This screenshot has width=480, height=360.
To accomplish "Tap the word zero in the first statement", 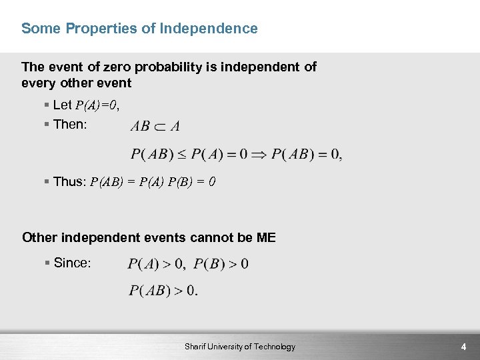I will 117,67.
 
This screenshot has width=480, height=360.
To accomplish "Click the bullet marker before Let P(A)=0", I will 47,105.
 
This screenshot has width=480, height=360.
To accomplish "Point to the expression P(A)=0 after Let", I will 97,105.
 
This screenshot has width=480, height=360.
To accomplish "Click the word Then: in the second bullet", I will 70,125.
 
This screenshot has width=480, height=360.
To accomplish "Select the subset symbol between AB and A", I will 161,126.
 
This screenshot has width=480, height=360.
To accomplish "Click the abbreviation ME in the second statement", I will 266,238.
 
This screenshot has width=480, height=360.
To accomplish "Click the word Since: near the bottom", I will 71,263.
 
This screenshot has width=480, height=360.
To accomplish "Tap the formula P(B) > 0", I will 221,264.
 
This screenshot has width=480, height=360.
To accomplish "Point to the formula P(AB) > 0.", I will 163,291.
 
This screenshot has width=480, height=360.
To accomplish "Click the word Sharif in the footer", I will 197,347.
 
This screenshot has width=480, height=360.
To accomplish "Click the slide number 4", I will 463,347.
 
